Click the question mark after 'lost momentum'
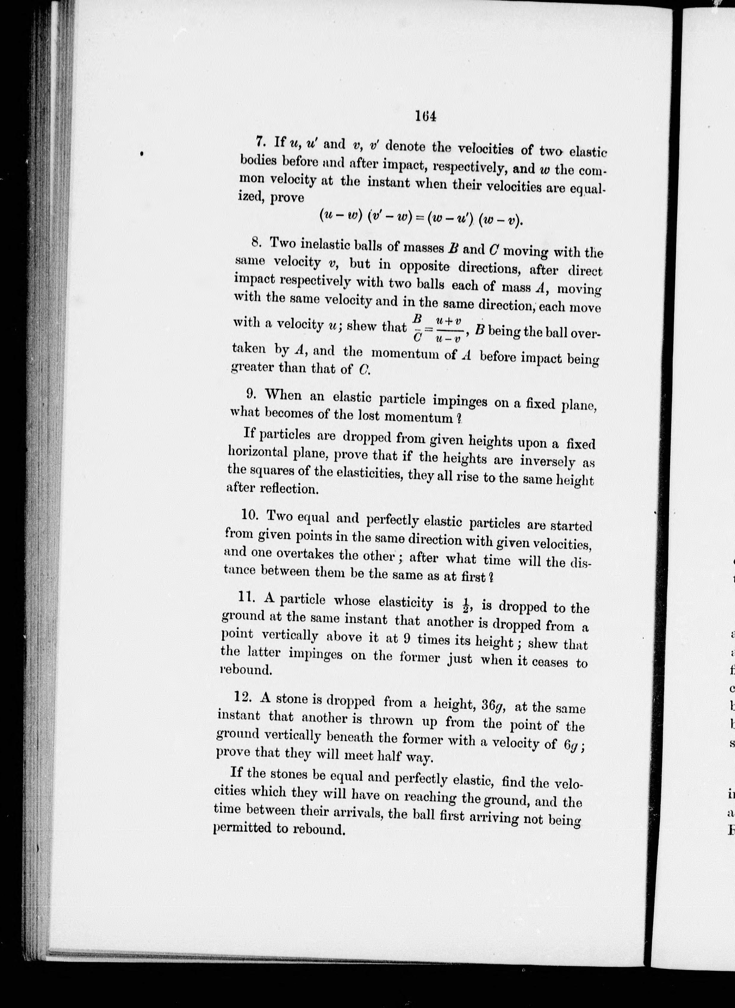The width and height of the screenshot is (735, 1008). click(459, 419)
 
